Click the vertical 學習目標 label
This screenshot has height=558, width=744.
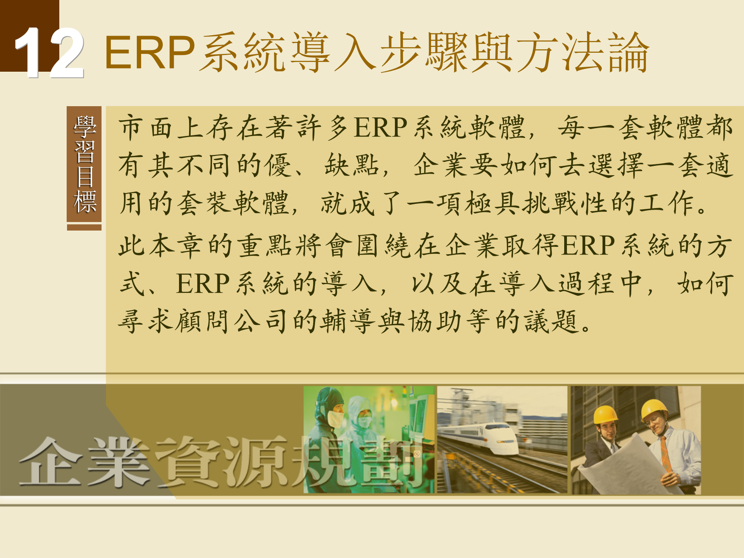click(84, 164)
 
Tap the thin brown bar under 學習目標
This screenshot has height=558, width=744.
click(84, 227)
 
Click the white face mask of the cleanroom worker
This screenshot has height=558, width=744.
click(335, 419)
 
